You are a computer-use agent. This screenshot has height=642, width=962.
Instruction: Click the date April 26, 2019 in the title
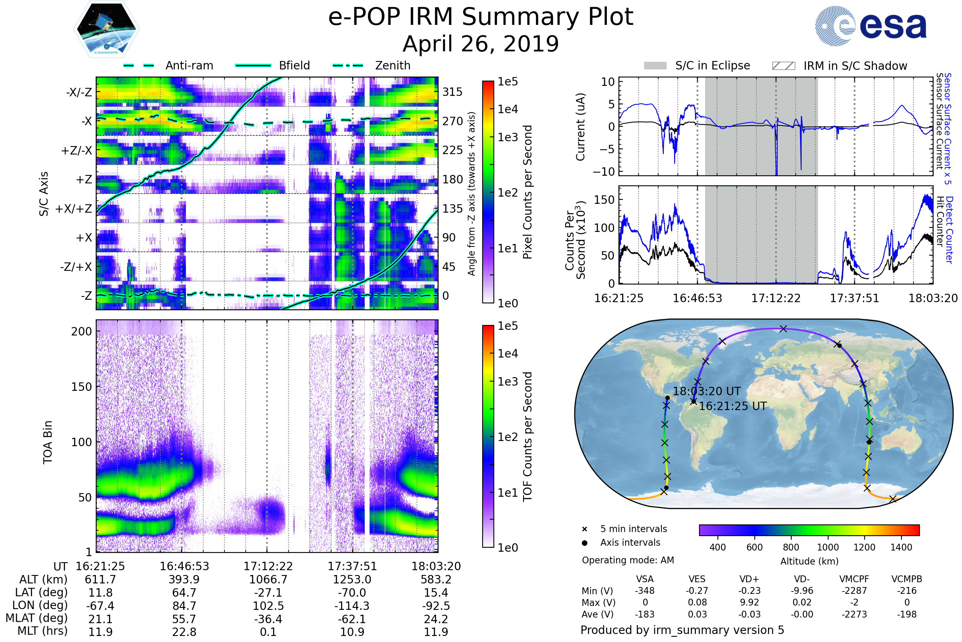481,44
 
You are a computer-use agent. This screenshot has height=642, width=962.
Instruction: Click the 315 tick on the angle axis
452,92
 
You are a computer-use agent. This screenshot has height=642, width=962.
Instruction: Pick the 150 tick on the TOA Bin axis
81,387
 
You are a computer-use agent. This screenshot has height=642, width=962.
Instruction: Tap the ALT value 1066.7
268,579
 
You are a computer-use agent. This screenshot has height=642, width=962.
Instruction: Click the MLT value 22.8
184,632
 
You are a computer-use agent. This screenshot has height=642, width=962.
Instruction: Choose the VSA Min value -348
645,591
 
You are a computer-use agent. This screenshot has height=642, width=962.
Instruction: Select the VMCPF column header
854,579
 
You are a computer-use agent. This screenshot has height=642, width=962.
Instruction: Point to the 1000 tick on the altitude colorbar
827,547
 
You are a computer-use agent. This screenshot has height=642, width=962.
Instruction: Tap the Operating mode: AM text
628,560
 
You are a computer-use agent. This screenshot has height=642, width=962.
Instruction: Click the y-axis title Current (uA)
580,127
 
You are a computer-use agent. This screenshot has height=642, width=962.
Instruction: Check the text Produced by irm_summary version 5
682,630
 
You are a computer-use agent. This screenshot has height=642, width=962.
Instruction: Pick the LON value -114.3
352,605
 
